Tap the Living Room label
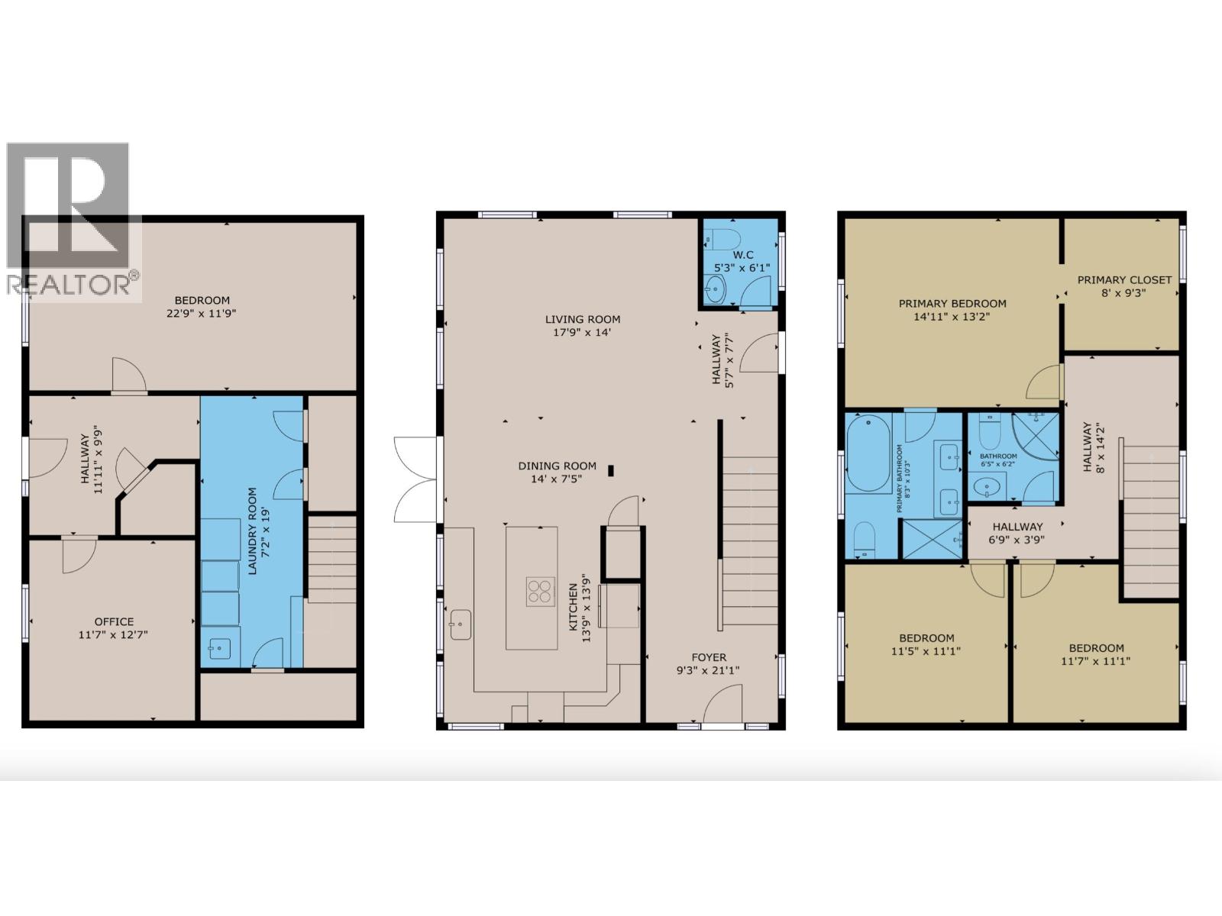[x=583, y=319]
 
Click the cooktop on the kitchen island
[x=539, y=592]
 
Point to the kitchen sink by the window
[x=461, y=624]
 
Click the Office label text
[x=114, y=621]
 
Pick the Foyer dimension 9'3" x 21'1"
[x=709, y=670]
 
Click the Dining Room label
[x=557, y=466]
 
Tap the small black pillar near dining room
[x=611, y=470]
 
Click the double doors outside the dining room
[x=416, y=479]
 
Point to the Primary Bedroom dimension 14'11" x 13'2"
[x=952, y=316]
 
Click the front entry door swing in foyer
[x=723, y=704]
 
